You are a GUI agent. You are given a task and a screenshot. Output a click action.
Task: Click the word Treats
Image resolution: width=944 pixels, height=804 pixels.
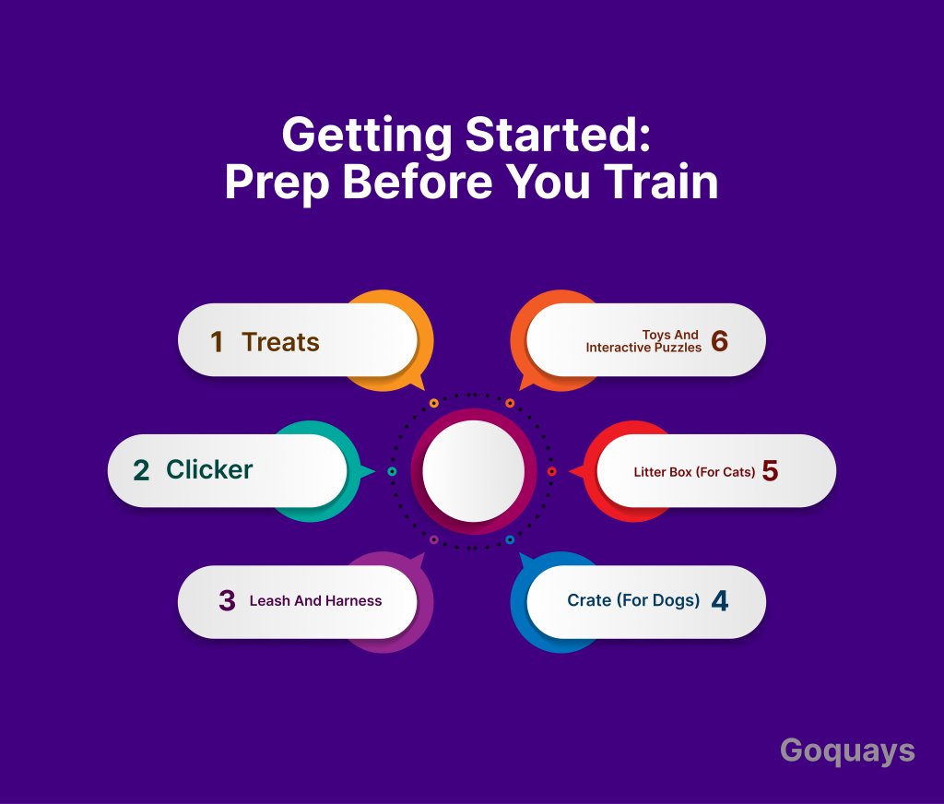click(280, 342)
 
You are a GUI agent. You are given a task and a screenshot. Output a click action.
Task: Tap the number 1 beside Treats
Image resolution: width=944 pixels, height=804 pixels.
click(217, 342)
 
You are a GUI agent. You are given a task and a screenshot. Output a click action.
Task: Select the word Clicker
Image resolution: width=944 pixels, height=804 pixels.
click(209, 469)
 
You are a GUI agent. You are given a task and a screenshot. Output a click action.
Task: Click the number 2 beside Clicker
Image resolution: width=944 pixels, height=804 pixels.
click(141, 470)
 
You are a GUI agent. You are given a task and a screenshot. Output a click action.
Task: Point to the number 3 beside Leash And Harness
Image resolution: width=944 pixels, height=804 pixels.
click(227, 600)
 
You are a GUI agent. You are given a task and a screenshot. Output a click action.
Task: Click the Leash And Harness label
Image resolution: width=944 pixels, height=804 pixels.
click(315, 601)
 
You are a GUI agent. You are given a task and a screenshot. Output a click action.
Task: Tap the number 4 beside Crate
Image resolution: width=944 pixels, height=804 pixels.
click(720, 600)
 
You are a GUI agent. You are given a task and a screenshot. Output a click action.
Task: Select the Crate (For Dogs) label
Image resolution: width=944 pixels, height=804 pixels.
click(633, 600)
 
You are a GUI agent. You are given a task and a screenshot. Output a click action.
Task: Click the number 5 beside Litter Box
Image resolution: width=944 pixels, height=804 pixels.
click(770, 470)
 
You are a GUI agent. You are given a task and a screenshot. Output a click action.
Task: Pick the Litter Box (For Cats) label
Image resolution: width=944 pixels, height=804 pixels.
click(694, 472)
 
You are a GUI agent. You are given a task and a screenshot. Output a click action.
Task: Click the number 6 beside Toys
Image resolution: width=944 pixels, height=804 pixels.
click(719, 341)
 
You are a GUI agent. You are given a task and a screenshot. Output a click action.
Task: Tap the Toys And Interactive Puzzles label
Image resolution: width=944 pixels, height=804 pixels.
click(643, 341)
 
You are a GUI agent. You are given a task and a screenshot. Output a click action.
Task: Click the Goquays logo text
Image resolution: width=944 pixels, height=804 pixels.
click(847, 751)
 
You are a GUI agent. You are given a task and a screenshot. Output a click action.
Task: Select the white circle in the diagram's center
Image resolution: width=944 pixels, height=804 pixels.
click(473, 471)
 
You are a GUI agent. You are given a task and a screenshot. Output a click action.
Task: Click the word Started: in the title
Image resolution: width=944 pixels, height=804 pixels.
click(558, 135)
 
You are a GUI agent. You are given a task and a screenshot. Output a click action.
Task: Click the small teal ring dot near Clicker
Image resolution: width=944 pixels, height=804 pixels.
click(392, 471)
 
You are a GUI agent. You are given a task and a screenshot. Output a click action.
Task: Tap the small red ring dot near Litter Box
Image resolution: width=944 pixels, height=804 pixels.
click(551, 471)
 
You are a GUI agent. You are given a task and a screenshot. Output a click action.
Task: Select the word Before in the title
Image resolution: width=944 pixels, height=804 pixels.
click(418, 182)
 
